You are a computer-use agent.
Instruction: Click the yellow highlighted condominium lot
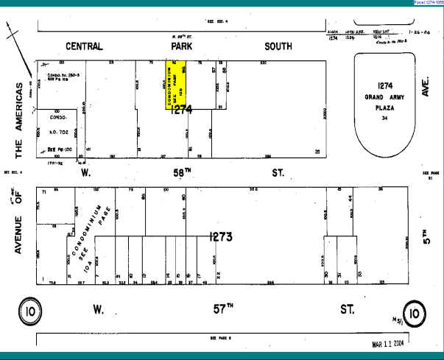tap(175, 84)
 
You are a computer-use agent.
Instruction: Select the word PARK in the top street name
tap(182, 47)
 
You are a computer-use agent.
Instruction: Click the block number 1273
tap(221, 237)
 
